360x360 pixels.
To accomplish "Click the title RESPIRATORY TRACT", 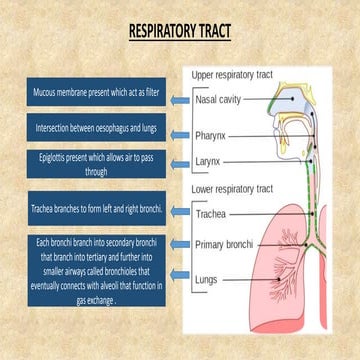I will [x=180, y=33].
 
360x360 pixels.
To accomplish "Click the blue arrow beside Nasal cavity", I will [x=181, y=101].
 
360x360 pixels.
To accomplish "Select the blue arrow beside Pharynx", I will [x=181, y=131].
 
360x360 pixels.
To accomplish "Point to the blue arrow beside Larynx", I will [x=181, y=161].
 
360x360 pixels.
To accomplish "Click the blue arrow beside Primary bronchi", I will [x=181, y=243].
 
